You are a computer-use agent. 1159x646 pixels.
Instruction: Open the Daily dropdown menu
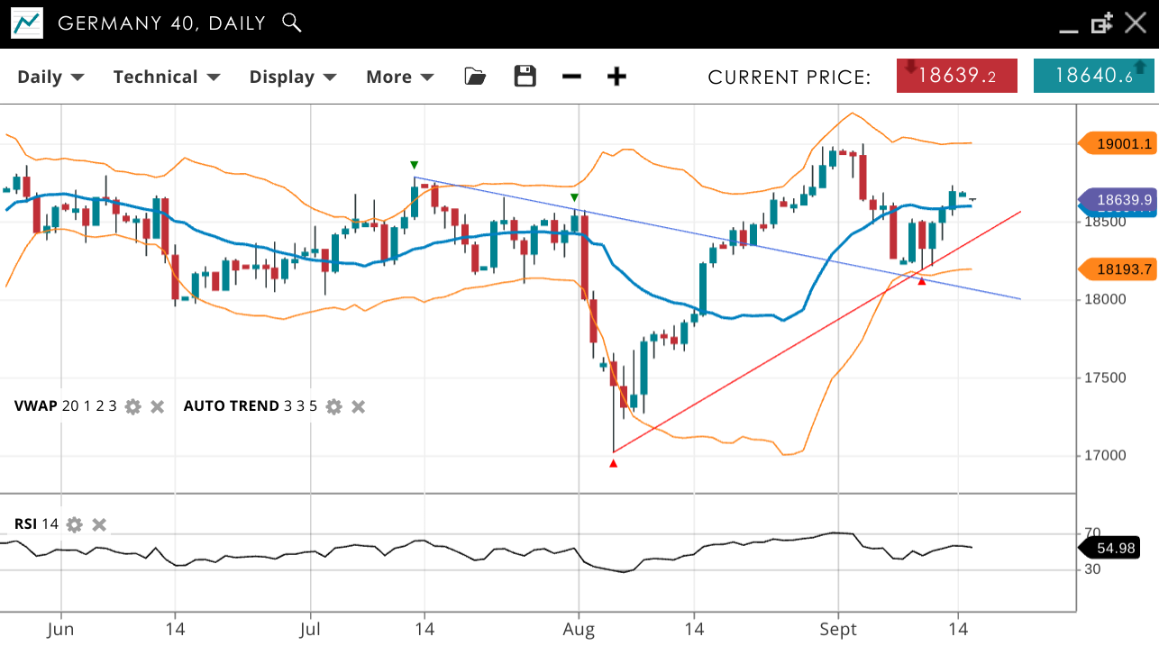(x=50, y=77)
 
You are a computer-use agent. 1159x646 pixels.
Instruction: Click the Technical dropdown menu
(x=167, y=77)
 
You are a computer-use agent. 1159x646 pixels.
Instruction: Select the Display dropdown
(x=293, y=77)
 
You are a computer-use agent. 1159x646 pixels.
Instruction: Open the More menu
(x=399, y=77)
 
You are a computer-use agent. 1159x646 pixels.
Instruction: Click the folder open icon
(x=475, y=77)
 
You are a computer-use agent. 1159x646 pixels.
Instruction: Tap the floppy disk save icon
(x=525, y=77)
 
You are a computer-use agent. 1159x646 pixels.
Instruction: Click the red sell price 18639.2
(x=957, y=76)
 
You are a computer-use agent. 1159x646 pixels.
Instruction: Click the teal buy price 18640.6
(x=1093, y=76)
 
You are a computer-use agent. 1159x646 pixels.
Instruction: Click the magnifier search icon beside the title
(x=291, y=23)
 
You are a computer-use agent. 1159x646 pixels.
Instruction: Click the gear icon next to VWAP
(x=133, y=406)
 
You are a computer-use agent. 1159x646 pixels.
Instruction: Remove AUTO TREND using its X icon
(x=358, y=406)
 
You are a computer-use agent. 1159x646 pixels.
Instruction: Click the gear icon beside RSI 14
(x=75, y=524)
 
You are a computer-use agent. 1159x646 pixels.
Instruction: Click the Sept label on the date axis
(x=838, y=629)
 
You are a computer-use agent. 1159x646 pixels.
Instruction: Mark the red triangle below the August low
(x=614, y=463)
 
